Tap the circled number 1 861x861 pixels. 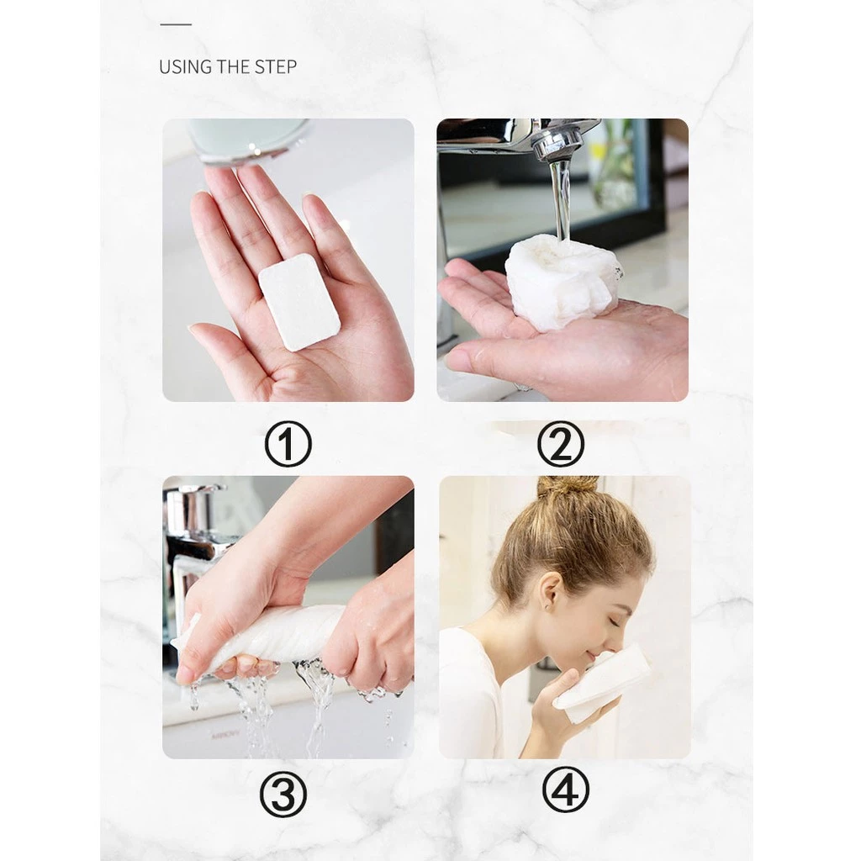[x=288, y=444]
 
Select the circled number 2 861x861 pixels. [x=561, y=444]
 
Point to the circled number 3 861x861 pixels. [x=283, y=794]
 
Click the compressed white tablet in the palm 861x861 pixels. [x=300, y=302]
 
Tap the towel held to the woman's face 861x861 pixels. [x=602, y=684]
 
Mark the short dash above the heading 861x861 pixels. [x=176, y=24]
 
